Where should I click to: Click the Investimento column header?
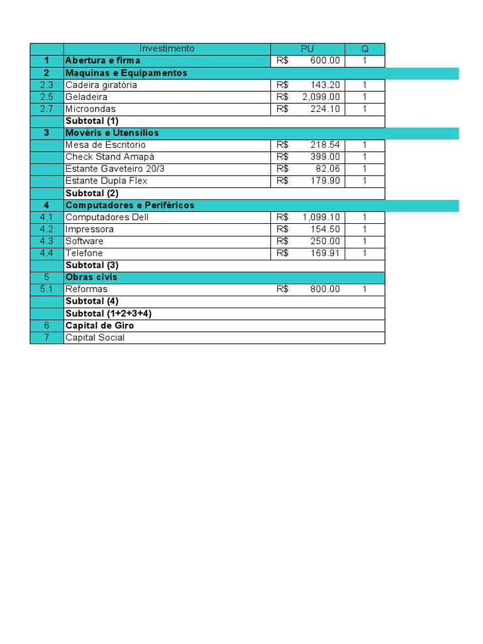click(x=167, y=48)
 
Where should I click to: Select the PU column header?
click(x=308, y=48)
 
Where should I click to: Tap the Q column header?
click(x=365, y=48)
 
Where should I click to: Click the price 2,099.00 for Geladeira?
click(x=321, y=97)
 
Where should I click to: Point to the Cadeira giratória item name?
click(x=101, y=85)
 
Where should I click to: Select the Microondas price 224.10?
click(x=325, y=109)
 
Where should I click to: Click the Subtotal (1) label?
click(x=92, y=121)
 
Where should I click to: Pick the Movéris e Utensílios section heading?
click(x=112, y=133)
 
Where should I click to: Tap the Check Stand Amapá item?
click(x=110, y=157)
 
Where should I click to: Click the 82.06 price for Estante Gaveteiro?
click(x=328, y=169)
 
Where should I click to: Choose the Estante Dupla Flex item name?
click(x=106, y=181)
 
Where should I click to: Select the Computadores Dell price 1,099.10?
click(x=321, y=217)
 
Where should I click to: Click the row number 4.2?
click(x=47, y=229)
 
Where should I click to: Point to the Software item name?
click(x=84, y=241)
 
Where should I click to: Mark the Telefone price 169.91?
click(x=325, y=253)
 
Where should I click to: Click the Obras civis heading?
click(x=91, y=277)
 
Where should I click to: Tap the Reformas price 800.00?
click(x=325, y=289)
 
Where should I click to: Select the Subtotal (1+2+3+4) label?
click(x=109, y=313)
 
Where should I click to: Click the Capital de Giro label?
click(x=99, y=325)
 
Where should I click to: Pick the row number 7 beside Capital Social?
click(x=47, y=338)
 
